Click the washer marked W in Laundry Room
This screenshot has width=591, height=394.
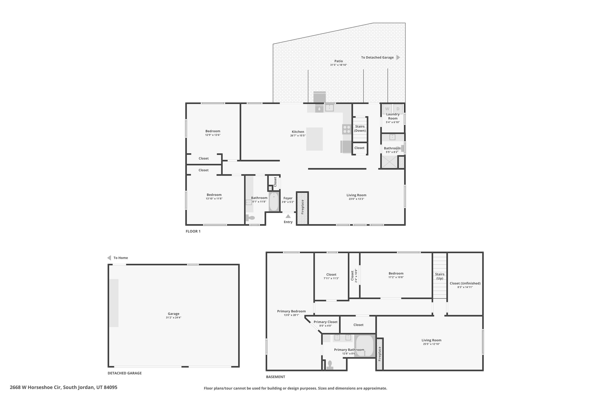click(x=387, y=109)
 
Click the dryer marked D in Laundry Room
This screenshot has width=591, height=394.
click(x=398, y=109)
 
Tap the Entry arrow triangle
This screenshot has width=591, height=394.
click(x=288, y=216)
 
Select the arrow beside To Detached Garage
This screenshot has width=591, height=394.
click(x=398, y=57)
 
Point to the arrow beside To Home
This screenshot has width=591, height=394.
click(x=109, y=258)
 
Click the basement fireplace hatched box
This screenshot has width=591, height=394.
click(x=379, y=354)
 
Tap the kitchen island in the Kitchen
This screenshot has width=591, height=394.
click(x=314, y=139)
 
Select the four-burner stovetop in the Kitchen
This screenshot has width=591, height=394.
click(x=347, y=129)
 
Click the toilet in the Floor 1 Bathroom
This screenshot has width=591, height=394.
click(x=250, y=218)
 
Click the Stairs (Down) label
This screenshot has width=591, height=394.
click(x=360, y=128)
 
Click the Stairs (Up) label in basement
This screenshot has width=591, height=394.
click(x=439, y=276)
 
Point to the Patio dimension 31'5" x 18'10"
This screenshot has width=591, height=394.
click(x=338, y=65)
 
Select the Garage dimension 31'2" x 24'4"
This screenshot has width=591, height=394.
click(x=173, y=318)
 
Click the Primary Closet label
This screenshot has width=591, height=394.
click(x=326, y=322)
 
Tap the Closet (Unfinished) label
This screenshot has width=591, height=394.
click(x=465, y=283)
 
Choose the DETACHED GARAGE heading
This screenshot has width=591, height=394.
click(x=125, y=373)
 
